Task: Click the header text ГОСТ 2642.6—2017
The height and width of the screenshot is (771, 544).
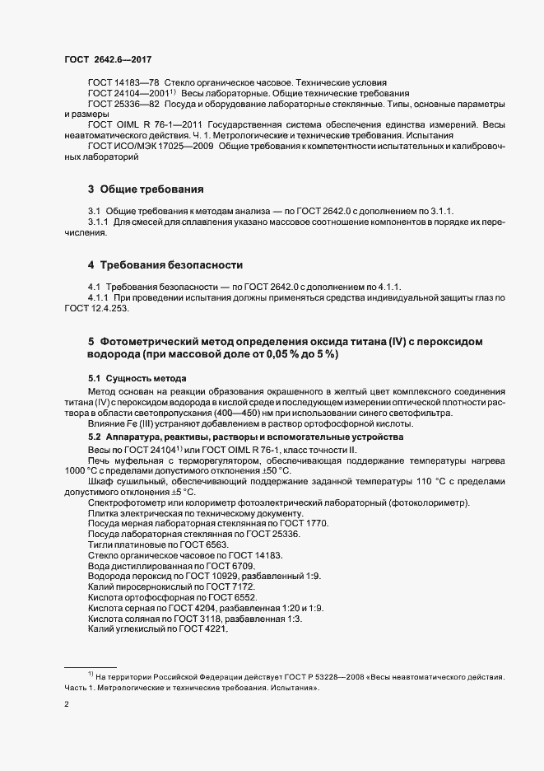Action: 108,58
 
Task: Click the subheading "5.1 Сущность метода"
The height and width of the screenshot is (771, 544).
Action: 132,377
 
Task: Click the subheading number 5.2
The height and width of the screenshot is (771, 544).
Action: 95,436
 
